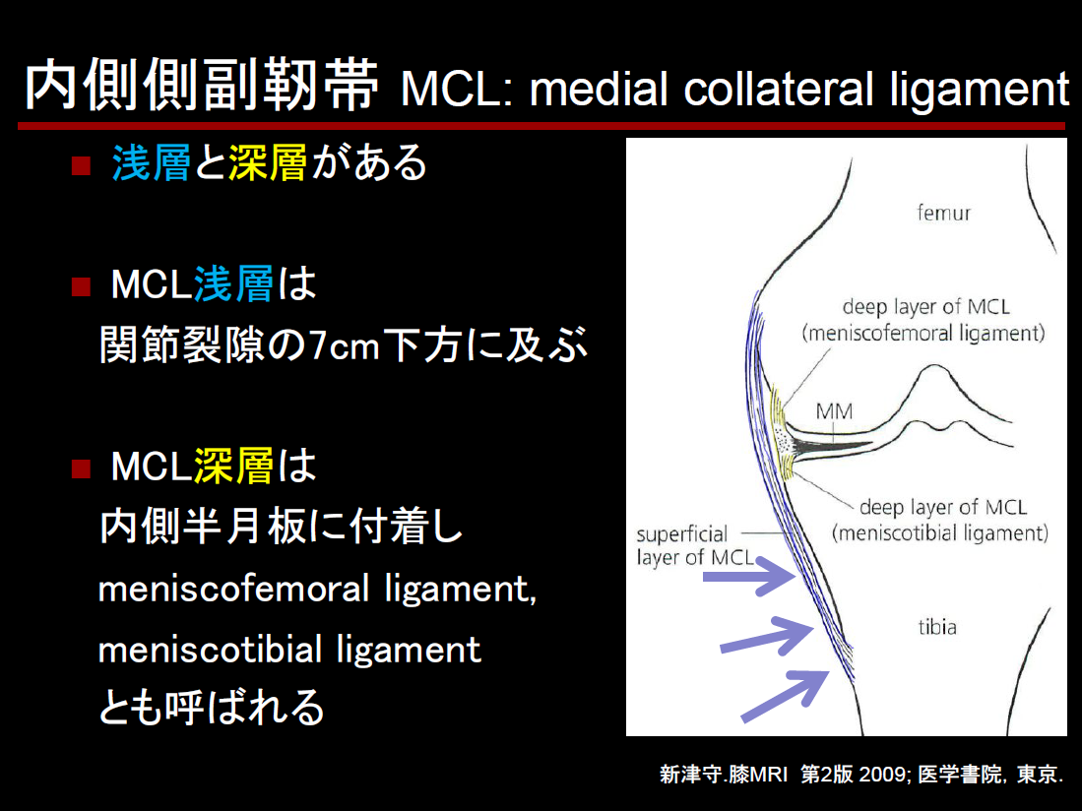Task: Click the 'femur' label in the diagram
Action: click(x=943, y=213)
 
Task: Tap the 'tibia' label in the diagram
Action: click(x=937, y=627)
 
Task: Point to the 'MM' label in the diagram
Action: click(x=834, y=411)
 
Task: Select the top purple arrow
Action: click(x=748, y=577)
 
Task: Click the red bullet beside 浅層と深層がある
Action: click(x=81, y=165)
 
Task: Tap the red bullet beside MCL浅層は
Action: click(x=81, y=286)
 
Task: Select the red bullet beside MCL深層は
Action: click(x=81, y=468)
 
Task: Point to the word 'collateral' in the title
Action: click(x=779, y=90)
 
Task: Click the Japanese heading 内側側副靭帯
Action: click(x=202, y=86)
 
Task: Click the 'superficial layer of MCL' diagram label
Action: click(x=695, y=545)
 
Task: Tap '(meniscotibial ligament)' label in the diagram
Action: click(x=940, y=533)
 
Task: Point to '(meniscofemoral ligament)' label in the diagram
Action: click(x=923, y=334)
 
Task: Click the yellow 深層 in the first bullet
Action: click(x=268, y=162)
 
